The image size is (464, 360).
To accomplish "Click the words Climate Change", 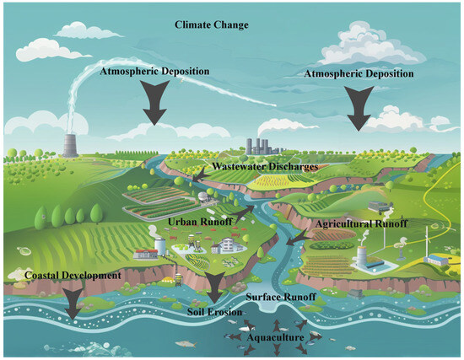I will pos(211,25).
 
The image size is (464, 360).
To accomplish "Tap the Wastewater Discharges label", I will pos(263,168).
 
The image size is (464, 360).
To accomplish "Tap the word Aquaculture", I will pos(273,336).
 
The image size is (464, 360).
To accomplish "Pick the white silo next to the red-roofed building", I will pos(159,244).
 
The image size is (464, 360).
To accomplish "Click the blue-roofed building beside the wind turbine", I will pos(434,260).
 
